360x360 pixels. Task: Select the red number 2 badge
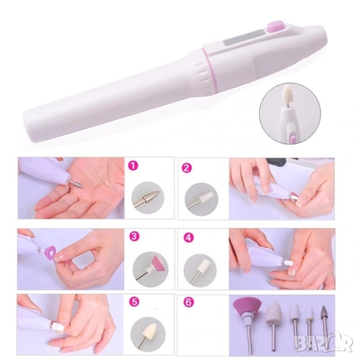point(187,168)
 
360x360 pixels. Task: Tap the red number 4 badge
point(188,238)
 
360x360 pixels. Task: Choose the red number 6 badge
point(188,302)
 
